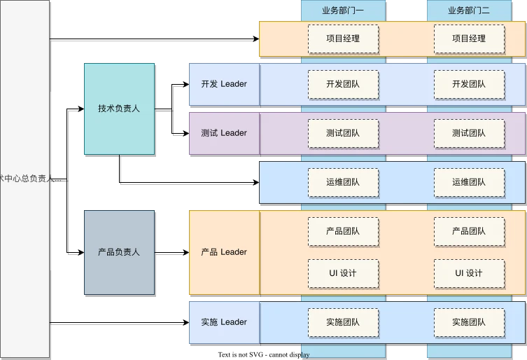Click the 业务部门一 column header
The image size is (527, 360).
click(x=342, y=11)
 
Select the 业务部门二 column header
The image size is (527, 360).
click(x=468, y=11)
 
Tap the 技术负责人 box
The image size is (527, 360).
click(x=119, y=109)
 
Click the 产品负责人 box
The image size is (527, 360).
click(x=119, y=252)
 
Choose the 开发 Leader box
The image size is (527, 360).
click(x=223, y=84)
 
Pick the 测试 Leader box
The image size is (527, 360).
click(x=223, y=133)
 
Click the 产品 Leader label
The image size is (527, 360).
click(x=223, y=252)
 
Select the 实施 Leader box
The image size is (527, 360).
click(x=223, y=322)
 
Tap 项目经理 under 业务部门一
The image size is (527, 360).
click(x=343, y=39)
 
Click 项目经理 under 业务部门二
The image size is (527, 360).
click(x=469, y=39)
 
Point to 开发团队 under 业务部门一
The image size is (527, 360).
click(x=343, y=84)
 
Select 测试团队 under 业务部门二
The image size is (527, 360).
click(x=469, y=133)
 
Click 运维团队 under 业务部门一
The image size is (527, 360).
click(x=343, y=182)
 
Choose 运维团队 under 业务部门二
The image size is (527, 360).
click(x=469, y=182)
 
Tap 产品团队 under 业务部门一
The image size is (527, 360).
click(x=343, y=231)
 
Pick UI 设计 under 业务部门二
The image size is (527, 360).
click(x=469, y=273)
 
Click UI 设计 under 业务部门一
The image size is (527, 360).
click(x=343, y=273)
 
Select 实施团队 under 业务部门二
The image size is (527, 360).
click(x=469, y=322)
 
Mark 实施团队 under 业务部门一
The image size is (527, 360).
click(x=343, y=322)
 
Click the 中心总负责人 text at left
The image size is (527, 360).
click(x=25, y=179)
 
